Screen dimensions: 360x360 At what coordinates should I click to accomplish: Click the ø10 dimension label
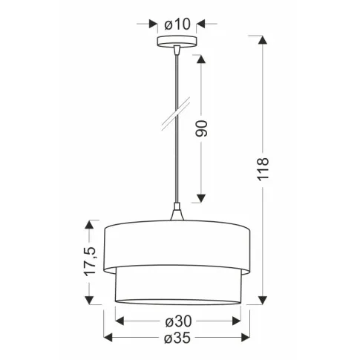178,24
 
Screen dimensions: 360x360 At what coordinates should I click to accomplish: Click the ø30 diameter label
178,321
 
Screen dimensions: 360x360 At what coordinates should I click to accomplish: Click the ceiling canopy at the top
177,42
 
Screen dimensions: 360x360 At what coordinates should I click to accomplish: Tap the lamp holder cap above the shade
177,215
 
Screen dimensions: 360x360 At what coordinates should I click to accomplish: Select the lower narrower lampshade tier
177,286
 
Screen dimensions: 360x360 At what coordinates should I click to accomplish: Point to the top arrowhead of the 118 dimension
262,42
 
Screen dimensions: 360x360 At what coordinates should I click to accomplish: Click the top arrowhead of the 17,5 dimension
91,223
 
